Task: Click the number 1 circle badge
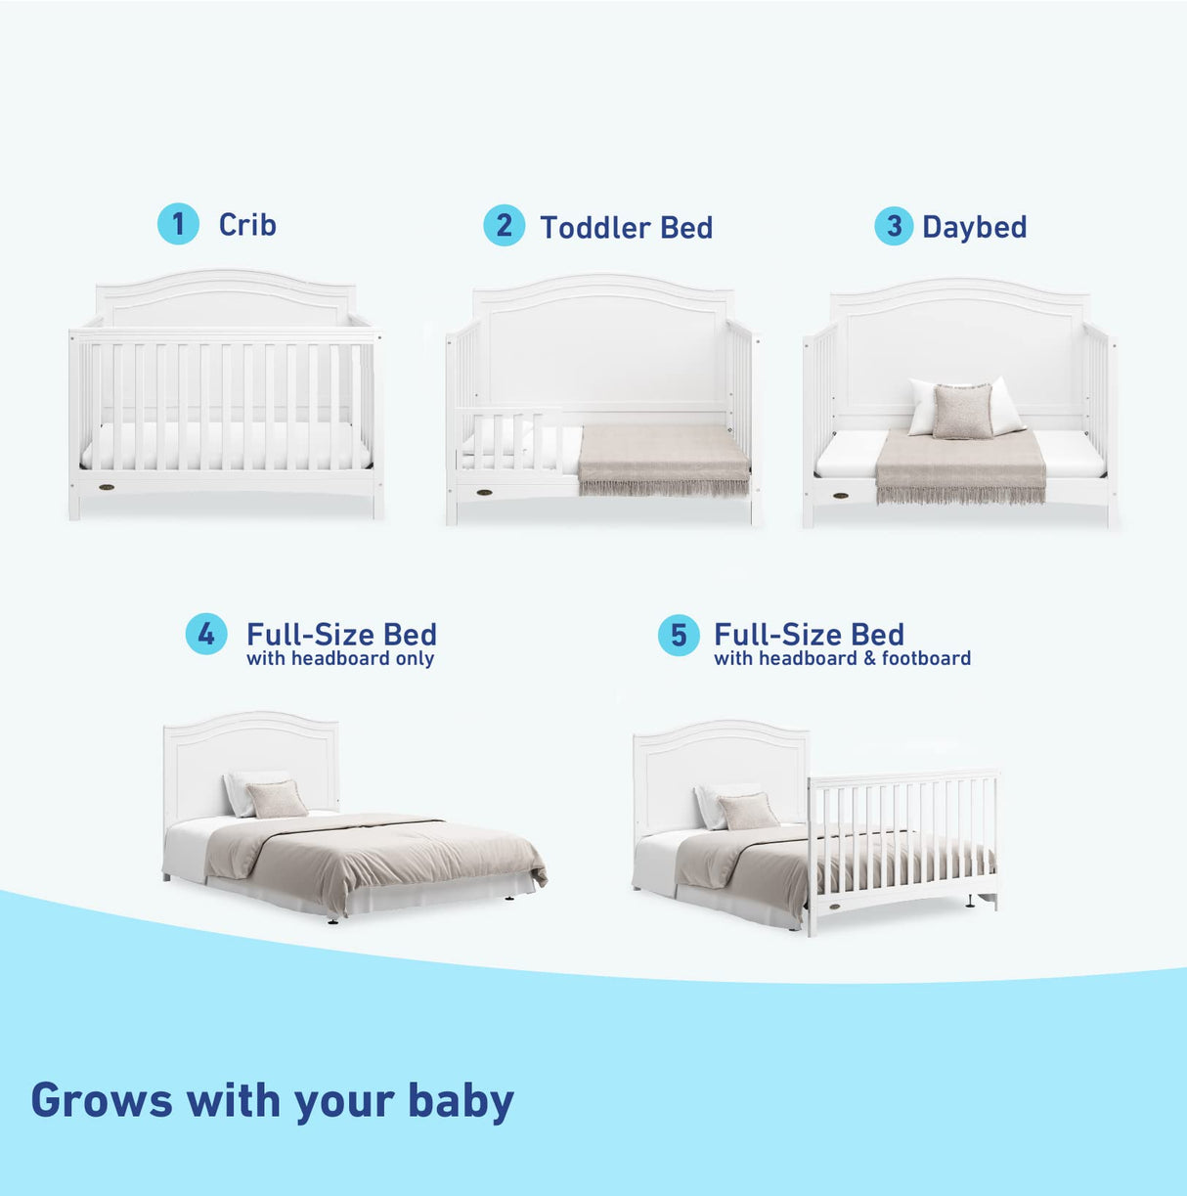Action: point(178,224)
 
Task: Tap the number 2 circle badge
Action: point(504,226)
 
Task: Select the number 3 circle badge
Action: point(893,226)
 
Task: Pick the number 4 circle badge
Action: point(206,635)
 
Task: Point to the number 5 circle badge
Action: point(679,636)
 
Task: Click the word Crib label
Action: point(247,225)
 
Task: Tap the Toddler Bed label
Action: point(626,228)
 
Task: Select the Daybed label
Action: point(974,227)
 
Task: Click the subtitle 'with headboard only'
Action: point(340,658)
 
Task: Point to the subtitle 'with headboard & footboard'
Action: point(842,658)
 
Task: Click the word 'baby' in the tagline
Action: point(461,1100)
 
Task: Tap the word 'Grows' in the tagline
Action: point(102,1100)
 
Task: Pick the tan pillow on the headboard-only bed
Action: point(277,800)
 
